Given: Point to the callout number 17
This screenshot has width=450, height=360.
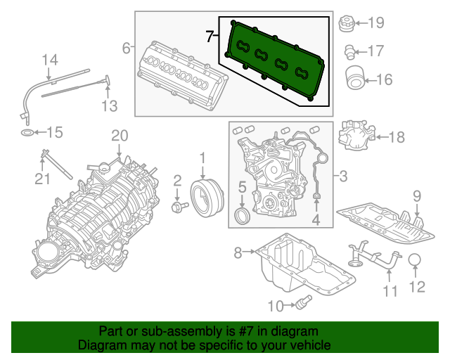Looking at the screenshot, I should click(375, 51).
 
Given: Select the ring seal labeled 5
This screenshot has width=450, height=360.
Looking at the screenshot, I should click(240, 214).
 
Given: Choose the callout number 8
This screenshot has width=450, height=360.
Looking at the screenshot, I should click(237, 252).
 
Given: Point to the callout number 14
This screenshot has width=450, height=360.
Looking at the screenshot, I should click(48, 61).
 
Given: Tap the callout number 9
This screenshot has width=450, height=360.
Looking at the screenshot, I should click(416, 195).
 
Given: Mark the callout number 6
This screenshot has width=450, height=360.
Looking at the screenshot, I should click(127, 48).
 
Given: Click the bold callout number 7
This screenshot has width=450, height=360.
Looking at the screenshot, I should click(210, 36).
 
